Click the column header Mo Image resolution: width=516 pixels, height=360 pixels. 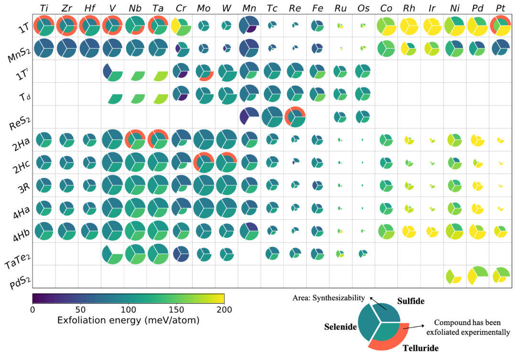[x=203, y=8]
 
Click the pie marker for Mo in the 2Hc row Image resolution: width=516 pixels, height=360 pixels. [x=204, y=163]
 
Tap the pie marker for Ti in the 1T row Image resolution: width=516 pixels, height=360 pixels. [x=44, y=25]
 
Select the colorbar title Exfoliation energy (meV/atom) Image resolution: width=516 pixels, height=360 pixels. [x=128, y=320]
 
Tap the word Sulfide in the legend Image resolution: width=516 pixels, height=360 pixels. [x=411, y=301]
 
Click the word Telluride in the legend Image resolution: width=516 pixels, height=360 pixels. [x=420, y=348]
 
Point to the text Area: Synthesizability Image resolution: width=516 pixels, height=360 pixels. [x=329, y=298]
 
